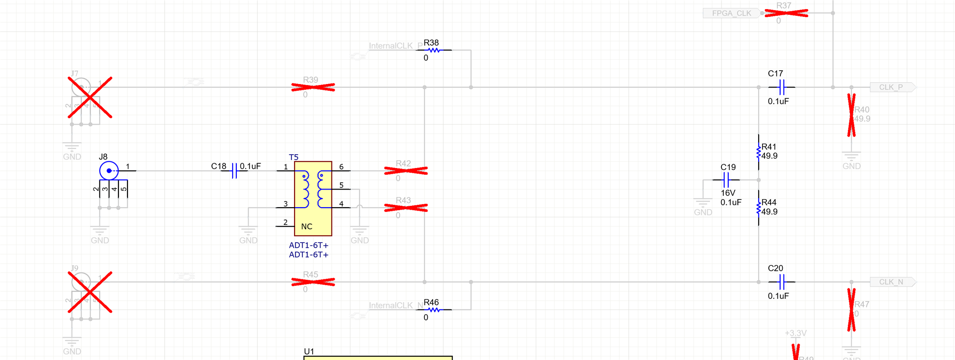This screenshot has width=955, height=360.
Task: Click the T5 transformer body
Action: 313,198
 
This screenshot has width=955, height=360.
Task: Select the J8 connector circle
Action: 109,170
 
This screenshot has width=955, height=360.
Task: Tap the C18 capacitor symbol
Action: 234,170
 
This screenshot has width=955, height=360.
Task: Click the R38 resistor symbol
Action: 434,50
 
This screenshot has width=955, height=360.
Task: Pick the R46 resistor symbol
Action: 434,310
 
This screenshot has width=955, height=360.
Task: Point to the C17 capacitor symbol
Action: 782,87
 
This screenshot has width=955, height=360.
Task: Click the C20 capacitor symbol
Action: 782,282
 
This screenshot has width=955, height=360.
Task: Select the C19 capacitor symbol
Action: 726,180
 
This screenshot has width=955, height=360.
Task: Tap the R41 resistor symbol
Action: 759,152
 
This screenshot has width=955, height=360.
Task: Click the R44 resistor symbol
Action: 759,208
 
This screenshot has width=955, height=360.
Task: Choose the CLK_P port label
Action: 892,87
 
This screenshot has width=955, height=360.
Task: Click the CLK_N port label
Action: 892,282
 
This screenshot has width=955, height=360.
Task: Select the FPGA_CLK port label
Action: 731,13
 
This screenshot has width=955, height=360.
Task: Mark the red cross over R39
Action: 313,87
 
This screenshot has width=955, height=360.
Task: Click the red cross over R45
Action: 313,282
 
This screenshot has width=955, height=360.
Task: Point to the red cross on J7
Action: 90,97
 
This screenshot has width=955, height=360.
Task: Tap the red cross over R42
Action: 406,170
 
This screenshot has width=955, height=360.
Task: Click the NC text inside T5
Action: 307,227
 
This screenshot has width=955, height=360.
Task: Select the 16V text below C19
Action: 728,193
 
